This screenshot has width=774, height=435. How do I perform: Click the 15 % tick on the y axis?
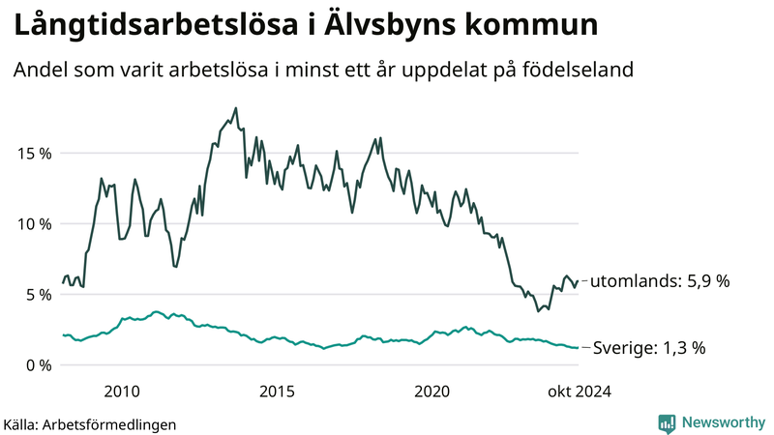point(34,153)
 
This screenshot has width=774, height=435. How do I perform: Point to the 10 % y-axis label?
point(34,223)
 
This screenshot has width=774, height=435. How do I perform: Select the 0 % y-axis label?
point(38,364)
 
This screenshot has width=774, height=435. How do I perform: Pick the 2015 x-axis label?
point(277,391)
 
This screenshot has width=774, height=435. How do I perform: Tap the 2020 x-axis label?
point(432,391)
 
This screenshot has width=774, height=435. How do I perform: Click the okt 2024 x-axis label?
point(579,391)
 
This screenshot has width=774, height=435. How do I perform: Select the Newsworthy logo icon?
point(667,422)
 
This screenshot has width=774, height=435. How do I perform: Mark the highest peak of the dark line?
point(236,108)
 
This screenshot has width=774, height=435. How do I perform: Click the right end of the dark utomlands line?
point(578,281)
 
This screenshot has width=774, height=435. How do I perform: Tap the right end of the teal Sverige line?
point(578,347)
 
